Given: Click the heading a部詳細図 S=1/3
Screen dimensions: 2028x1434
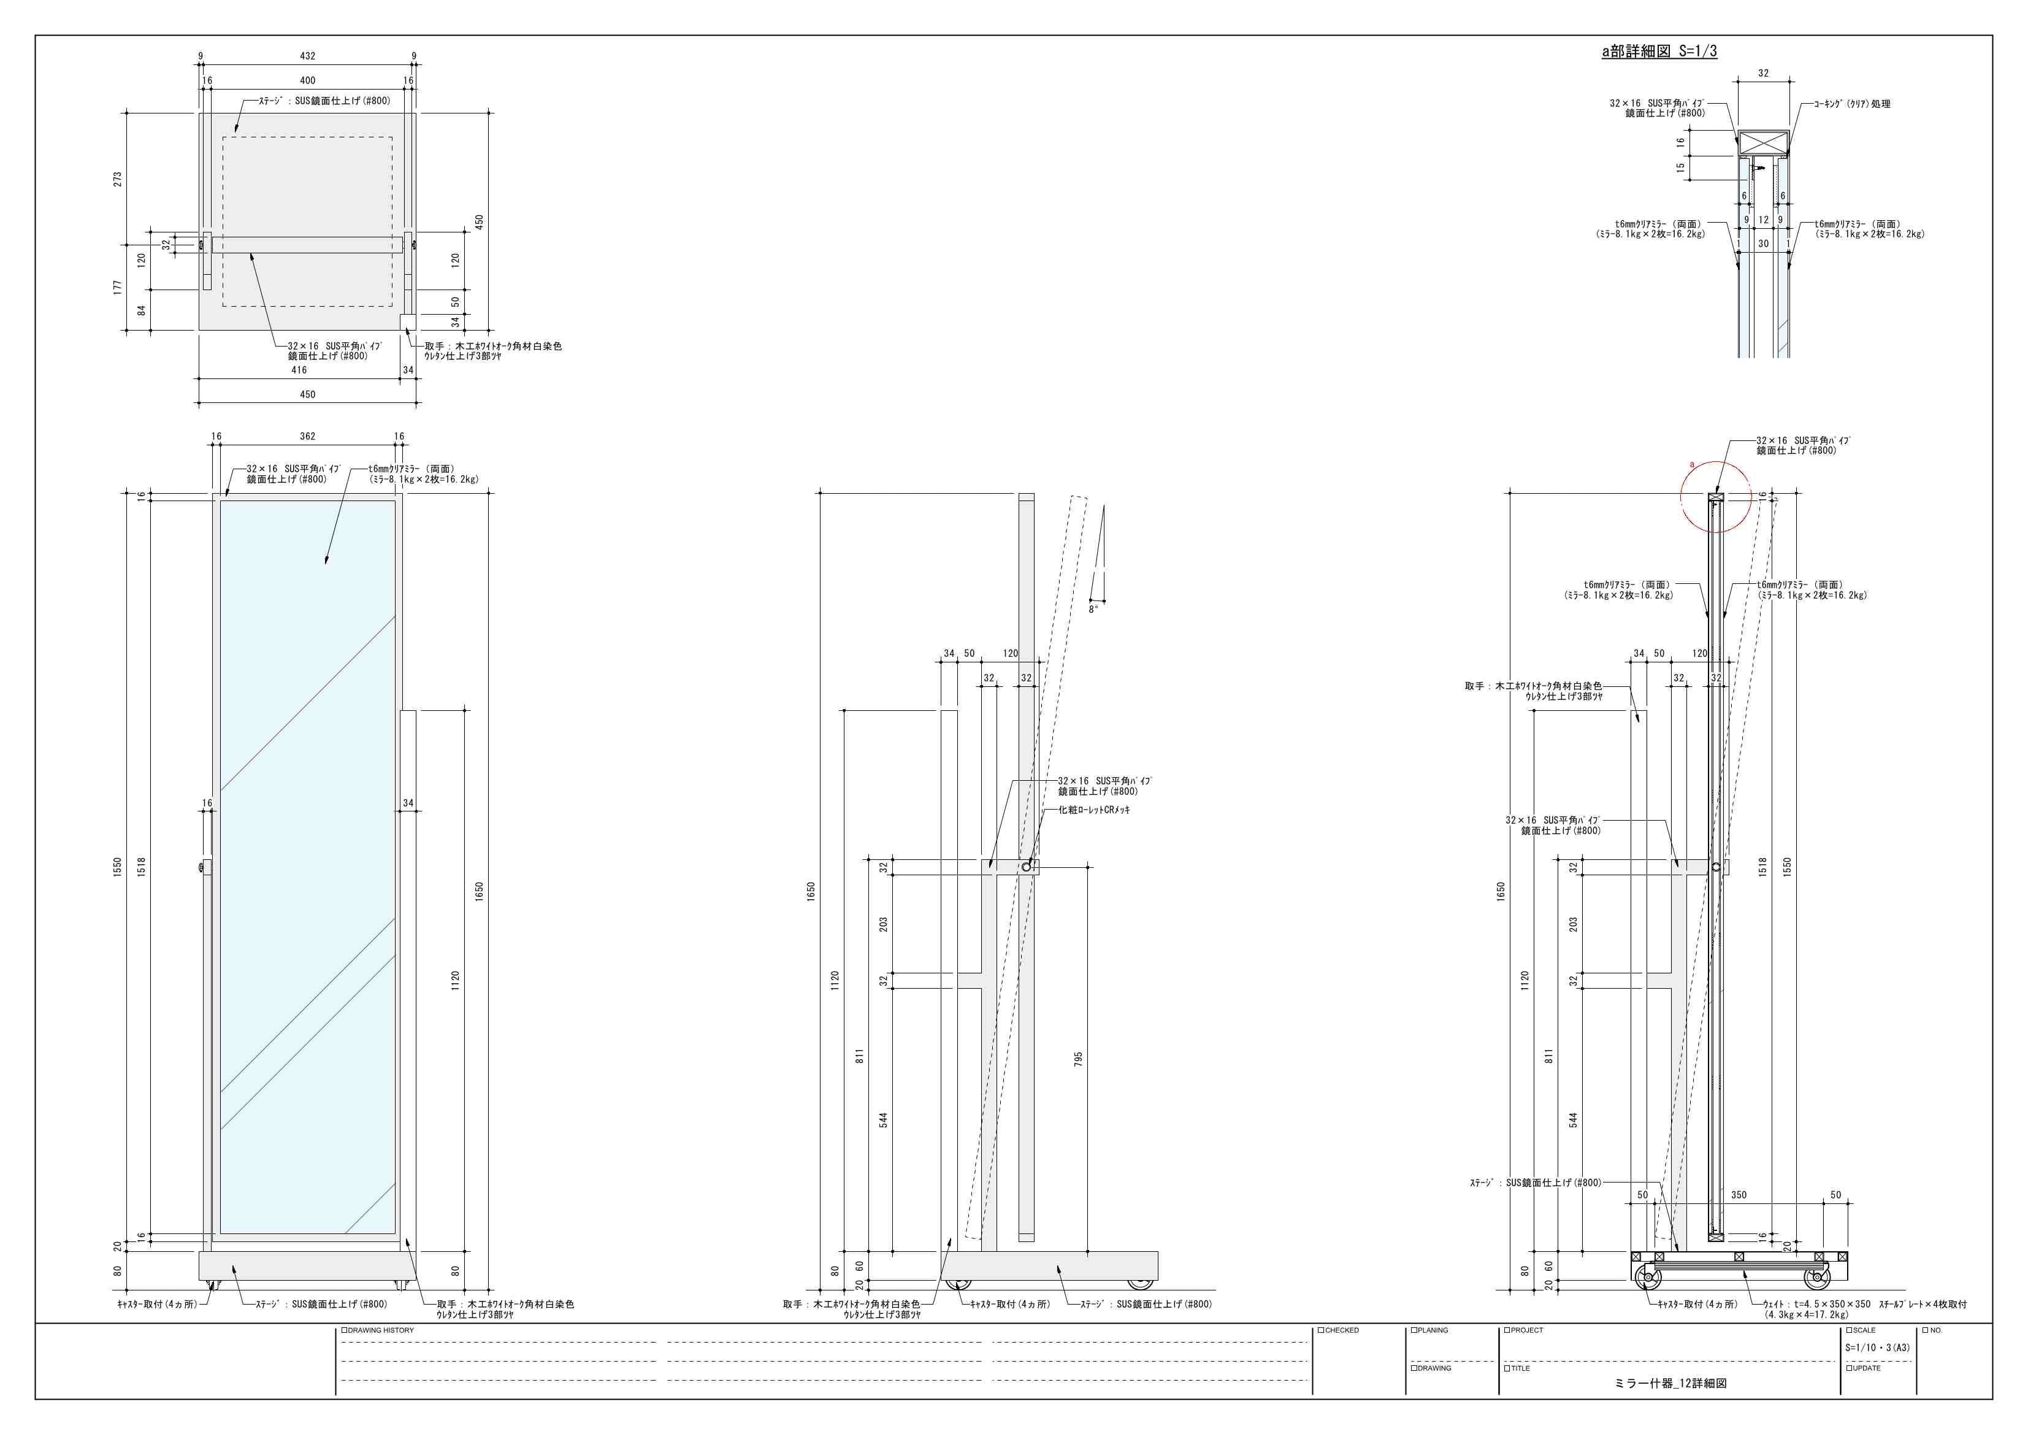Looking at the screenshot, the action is click(1659, 52).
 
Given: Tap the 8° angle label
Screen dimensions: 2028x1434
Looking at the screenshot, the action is click(1093, 610).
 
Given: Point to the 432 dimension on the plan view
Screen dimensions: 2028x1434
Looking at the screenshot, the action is click(307, 56).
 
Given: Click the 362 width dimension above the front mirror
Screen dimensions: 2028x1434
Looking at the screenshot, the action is click(307, 437).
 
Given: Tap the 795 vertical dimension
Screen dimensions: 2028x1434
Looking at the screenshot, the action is click(1079, 1059).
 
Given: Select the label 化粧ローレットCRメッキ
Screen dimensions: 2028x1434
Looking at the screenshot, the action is click(1095, 810).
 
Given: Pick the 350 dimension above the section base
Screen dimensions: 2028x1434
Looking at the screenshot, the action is click(1739, 1195).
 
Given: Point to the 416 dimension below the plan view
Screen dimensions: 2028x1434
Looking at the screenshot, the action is click(299, 370).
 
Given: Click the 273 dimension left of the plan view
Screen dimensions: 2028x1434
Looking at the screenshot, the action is click(118, 179).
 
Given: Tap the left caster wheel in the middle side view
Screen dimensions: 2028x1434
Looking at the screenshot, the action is click(954, 1284).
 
